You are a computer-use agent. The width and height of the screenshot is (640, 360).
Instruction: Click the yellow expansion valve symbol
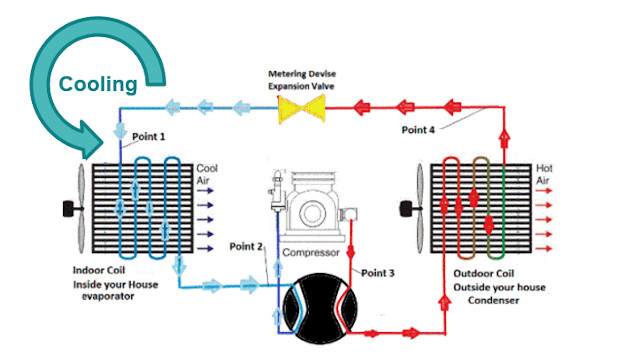[x=302, y=109]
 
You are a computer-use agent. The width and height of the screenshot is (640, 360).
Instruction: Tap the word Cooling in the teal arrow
[x=98, y=84]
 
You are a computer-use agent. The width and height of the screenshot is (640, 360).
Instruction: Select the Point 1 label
[x=149, y=137]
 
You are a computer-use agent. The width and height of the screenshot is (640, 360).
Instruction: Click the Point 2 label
[x=246, y=247]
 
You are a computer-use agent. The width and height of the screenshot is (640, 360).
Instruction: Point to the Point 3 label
[x=378, y=273]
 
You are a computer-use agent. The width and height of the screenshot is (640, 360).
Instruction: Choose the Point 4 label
[x=418, y=130]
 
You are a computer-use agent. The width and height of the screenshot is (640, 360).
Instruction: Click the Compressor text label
[x=311, y=253]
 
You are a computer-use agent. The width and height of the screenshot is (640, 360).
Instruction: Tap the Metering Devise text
[x=302, y=74]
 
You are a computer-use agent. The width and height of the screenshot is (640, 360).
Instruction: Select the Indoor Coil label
[x=99, y=270]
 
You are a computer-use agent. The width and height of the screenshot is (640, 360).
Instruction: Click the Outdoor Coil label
[x=484, y=273]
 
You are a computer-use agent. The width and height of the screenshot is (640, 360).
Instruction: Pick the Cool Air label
[x=207, y=174]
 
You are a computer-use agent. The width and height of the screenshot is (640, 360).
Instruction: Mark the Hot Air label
[x=544, y=174]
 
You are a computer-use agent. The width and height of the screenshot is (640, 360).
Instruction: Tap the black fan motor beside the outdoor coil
[x=407, y=209]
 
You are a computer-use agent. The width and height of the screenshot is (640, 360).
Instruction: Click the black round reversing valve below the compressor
[x=320, y=309]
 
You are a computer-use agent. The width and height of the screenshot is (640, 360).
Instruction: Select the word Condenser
[x=493, y=301]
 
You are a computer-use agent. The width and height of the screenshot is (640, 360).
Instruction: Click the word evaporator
[x=108, y=297]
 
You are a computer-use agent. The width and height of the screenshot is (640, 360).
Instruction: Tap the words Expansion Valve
[x=301, y=86]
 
